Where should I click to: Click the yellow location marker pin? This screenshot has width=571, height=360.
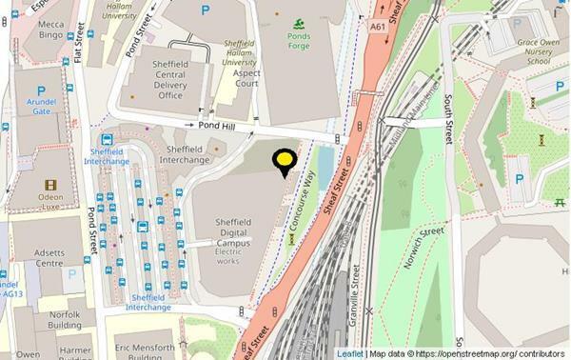pyautogui.click(x=283, y=161)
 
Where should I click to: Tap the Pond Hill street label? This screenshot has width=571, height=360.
pyautogui.click(x=217, y=126)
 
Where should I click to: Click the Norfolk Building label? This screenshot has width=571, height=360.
pyautogui.click(x=66, y=319)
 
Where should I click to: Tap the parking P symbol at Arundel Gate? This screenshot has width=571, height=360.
pyautogui.click(x=41, y=91)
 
